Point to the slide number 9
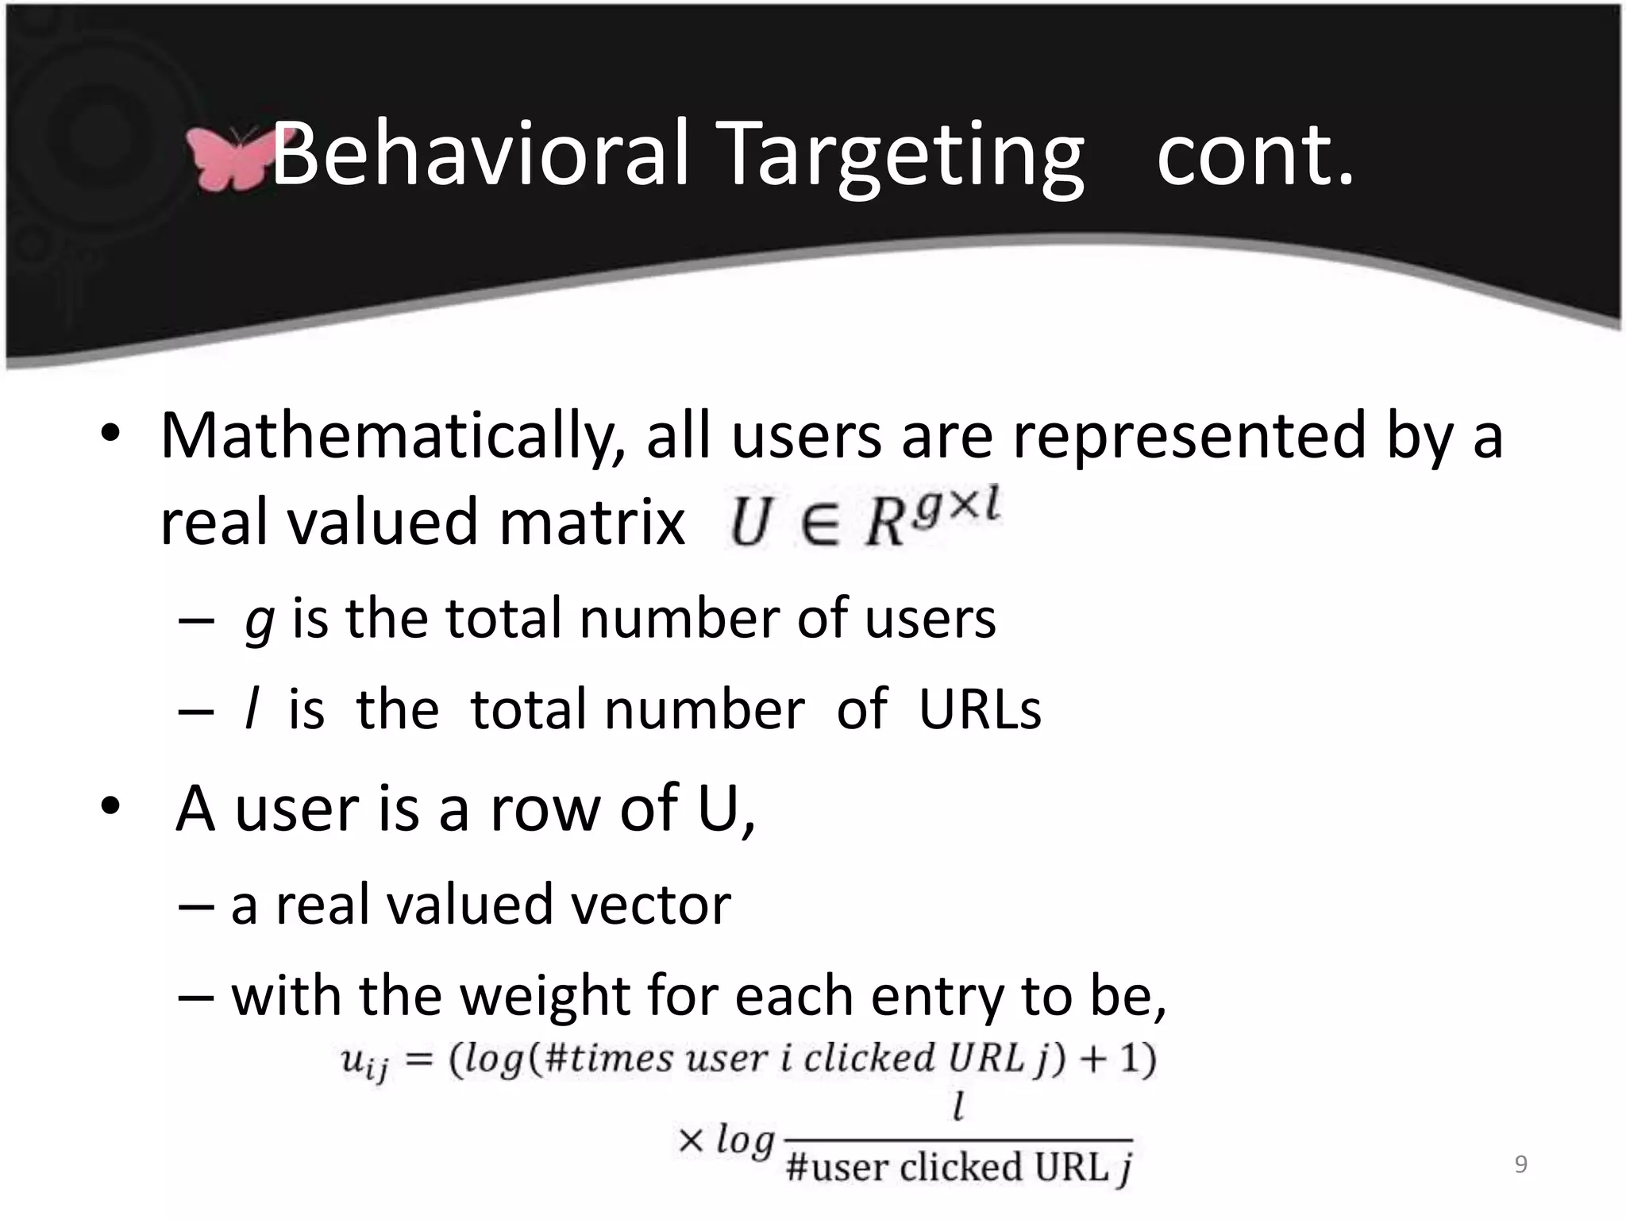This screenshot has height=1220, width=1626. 1520,1164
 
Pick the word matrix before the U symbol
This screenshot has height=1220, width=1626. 591,523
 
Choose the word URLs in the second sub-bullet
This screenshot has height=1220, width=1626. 980,709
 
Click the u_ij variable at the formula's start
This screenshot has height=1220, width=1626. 364,1062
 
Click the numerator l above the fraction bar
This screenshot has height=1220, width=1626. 959,1106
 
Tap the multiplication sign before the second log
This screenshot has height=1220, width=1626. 692,1141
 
